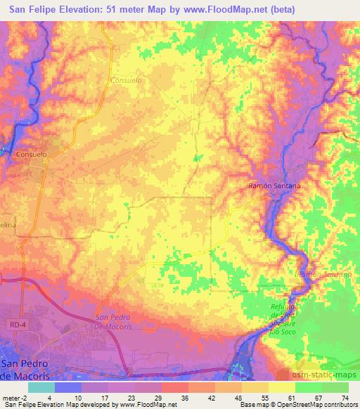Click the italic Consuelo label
[127, 80]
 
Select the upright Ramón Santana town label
[275, 186]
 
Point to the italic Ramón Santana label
[324, 273]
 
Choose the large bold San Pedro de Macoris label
[29, 368]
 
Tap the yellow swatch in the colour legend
[282, 387]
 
